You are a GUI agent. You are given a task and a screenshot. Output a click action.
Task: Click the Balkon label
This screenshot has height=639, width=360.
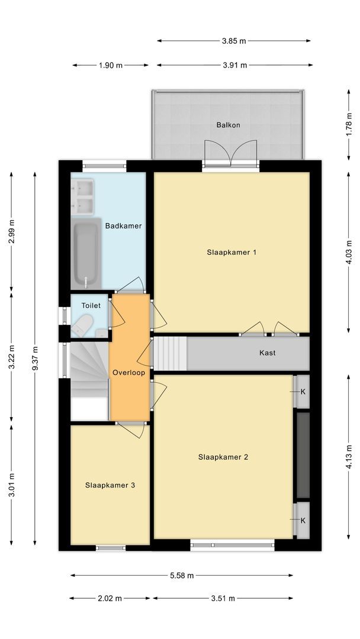228,125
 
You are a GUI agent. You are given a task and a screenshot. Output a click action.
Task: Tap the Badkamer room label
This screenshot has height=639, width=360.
123,225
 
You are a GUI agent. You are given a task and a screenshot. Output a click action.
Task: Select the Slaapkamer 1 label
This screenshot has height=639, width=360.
232,252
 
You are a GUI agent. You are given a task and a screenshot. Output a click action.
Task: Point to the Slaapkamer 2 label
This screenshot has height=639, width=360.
223,456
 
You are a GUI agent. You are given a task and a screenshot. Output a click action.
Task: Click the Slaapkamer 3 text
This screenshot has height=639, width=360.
110,485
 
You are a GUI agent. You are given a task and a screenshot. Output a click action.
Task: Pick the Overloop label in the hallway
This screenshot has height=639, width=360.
129,373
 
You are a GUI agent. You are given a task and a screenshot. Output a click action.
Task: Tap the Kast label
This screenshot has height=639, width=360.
268,353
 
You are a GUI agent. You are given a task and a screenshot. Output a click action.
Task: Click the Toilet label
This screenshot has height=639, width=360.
91,305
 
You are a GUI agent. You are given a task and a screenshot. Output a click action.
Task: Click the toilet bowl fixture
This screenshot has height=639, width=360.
83,325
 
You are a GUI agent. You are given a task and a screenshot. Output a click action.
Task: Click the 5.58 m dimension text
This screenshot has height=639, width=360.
181,575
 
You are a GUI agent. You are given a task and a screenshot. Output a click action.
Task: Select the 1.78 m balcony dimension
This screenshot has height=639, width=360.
349,125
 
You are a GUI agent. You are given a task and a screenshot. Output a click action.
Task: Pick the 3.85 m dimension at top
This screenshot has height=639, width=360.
234,41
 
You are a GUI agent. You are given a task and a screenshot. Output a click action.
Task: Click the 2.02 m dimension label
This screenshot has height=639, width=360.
110,598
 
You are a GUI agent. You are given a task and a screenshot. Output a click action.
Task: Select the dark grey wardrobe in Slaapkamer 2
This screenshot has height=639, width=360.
303,455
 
